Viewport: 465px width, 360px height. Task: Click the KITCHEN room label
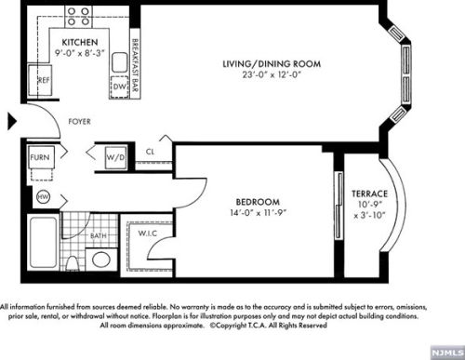click(x=82, y=44)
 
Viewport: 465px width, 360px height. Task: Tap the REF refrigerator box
click(x=44, y=81)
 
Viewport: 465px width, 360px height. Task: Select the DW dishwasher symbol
click(x=119, y=87)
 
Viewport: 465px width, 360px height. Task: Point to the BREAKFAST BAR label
click(x=136, y=59)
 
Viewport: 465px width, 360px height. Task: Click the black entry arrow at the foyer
click(x=11, y=121)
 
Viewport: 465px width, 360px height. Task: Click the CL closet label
click(x=151, y=153)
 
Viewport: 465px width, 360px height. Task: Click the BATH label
click(x=99, y=236)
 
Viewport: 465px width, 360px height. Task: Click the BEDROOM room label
click(x=257, y=202)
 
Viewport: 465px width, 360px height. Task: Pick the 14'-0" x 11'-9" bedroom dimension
click(x=257, y=213)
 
